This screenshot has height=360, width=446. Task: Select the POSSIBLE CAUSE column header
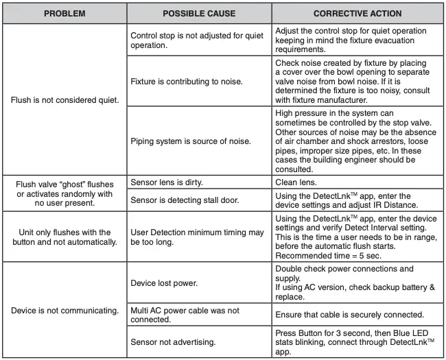pos(199,13)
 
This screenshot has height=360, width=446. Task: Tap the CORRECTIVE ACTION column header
pos(357,13)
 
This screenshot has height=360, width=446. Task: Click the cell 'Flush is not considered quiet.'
pos(65,99)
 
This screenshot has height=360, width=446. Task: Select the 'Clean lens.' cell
pos(295,183)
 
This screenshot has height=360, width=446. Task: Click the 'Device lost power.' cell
pos(163,282)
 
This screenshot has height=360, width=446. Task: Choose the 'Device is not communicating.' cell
pos(65,310)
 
